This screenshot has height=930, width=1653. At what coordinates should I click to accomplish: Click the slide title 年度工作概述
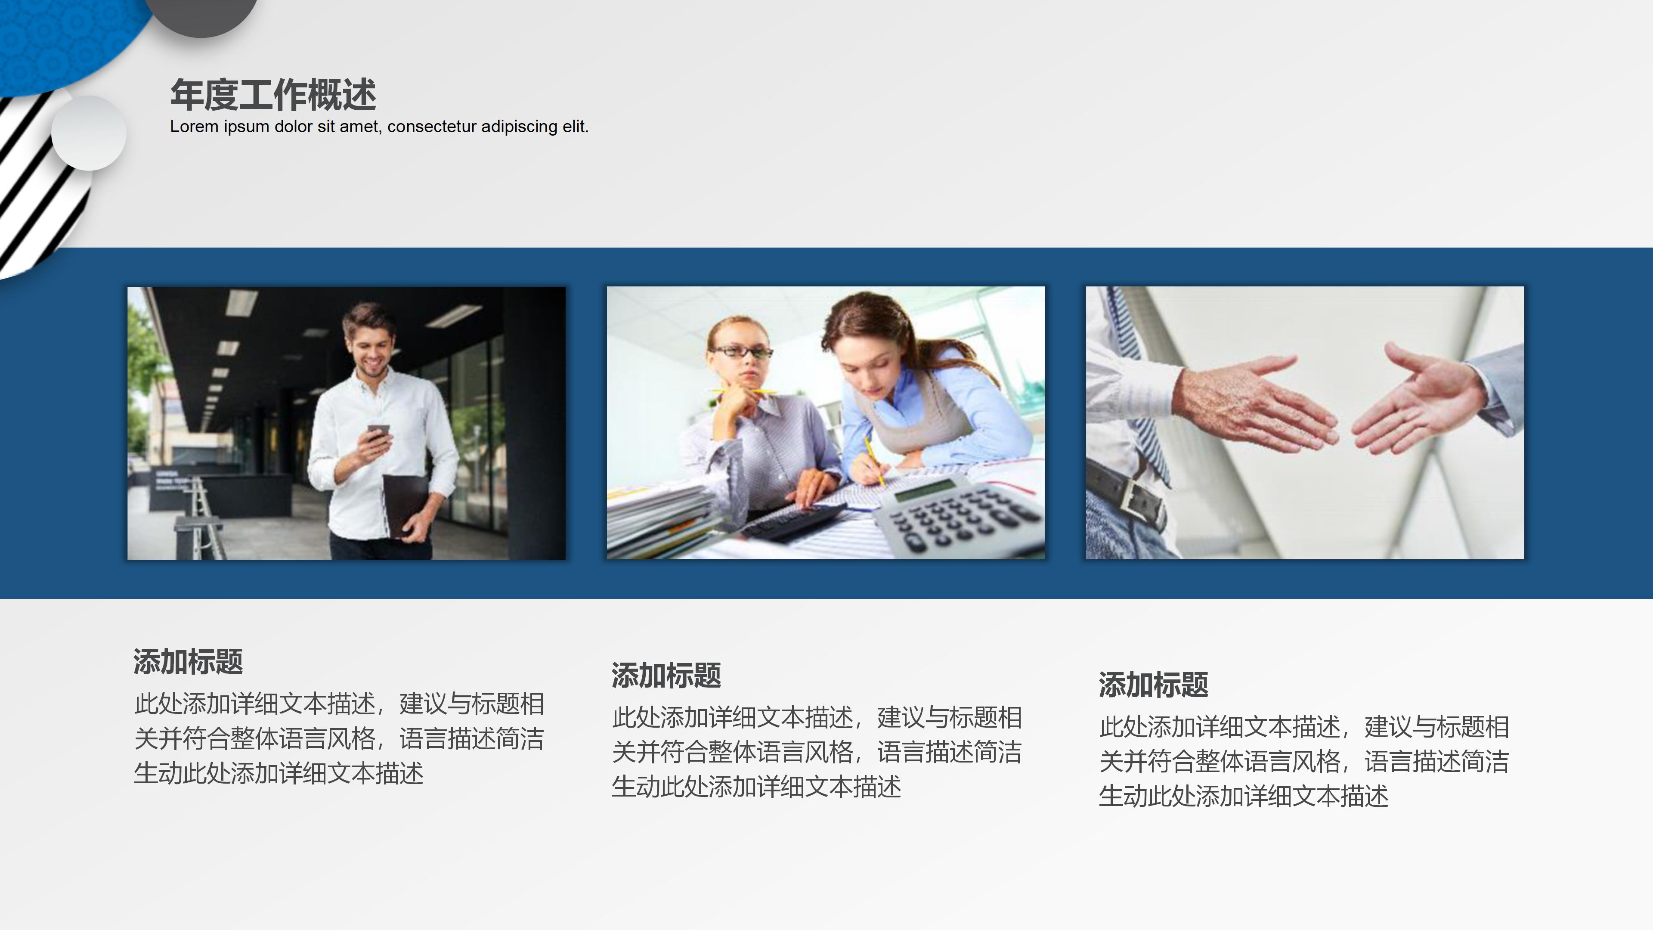273,95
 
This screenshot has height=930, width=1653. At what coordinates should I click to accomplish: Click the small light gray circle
89,133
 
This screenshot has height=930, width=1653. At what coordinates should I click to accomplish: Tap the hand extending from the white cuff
1251,404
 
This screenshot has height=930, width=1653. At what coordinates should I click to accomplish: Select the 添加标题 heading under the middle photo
666,675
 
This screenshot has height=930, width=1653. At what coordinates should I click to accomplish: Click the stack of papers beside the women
654,520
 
